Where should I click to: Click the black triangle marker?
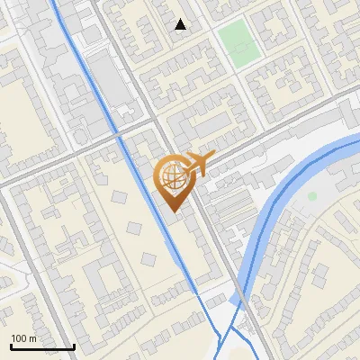tap(181, 24)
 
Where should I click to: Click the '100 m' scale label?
tap(23, 337)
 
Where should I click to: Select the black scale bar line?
tap(42, 346)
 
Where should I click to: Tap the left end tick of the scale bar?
tap(11, 345)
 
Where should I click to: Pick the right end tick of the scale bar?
tap(74, 345)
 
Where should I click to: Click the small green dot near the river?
tap(312, 195)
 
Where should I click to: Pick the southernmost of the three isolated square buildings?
tap(149, 258)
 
